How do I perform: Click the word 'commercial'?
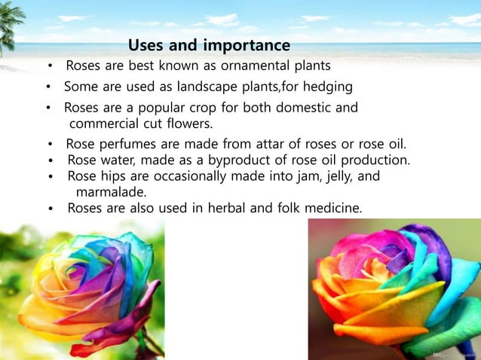tap(106, 124)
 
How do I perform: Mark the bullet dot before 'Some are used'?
tap(47, 87)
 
